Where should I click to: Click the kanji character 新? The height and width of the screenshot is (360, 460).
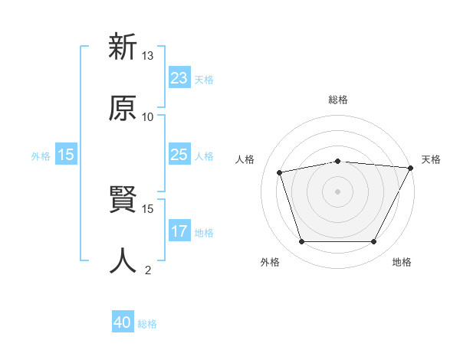(x=123, y=47)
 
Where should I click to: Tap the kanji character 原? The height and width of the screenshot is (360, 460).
(x=123, y=108)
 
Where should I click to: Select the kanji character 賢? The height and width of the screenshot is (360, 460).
(x=123, y=201)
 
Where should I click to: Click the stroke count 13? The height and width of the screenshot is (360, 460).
(x=148, y=56)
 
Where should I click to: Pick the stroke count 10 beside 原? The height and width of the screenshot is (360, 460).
(x=148, y=116)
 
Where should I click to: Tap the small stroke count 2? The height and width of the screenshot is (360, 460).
(x=148, y=270)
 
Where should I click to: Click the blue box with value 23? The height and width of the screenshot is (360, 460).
(x=179, y=78)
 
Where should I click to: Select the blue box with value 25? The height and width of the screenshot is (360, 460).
(x=179, y=155)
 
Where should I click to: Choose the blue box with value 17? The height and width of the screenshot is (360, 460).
(x=179, y=231)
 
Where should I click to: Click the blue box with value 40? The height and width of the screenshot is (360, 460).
(x=123, y=322)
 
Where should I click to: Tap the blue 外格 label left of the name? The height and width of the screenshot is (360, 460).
(x=41, y=155)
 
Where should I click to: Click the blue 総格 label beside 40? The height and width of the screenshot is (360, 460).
(x=147, y=324)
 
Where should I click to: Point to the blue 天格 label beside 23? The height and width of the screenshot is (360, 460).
(x=204, y=79)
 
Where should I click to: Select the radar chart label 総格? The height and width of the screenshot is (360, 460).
(x=338, y=100)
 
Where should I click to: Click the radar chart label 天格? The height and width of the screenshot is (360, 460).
(x=431, y=159)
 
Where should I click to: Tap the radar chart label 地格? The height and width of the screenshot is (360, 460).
(x=402, y=262)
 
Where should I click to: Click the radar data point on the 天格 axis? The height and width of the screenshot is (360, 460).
(x=411, y=167)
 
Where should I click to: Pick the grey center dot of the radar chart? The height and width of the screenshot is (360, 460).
(x=338, y=191)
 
